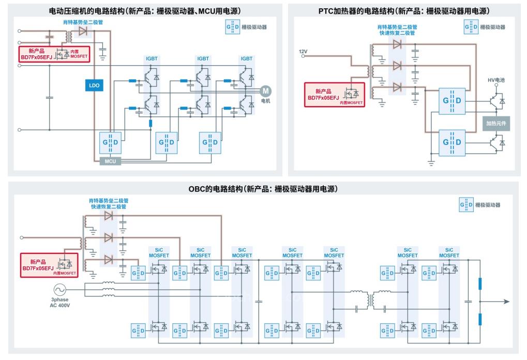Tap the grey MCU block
111,161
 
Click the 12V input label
304,51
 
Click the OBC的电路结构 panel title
263,189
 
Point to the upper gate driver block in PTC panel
450,100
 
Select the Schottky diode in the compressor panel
83,31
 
